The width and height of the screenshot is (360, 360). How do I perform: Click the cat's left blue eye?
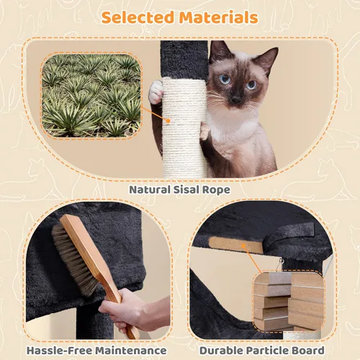(225, 79)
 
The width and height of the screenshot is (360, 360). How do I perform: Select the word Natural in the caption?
(148, 190)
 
